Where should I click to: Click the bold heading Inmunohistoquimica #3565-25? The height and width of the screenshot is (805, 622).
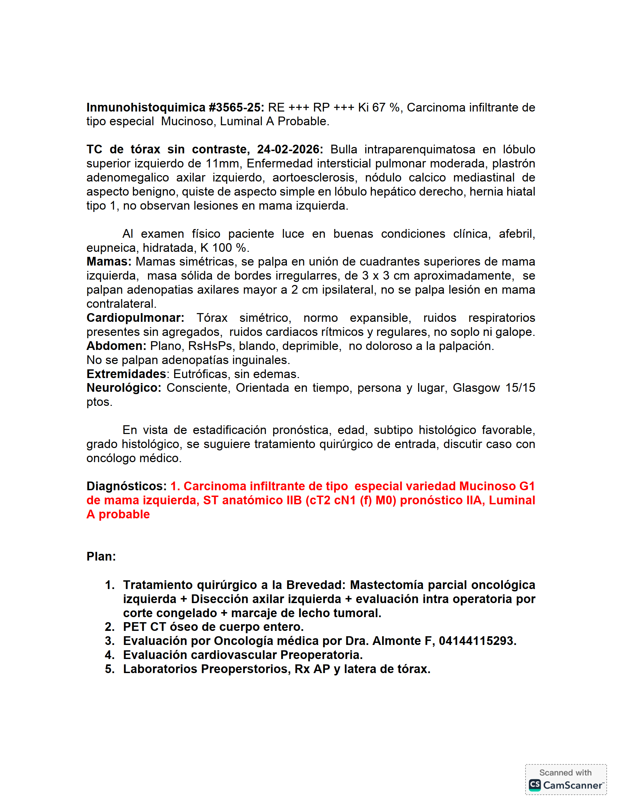click(x=175, y=107)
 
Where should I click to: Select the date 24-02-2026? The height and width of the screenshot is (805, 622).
click(x=290, y=150)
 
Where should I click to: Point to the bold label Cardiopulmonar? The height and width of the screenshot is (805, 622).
click(x=135, y=318)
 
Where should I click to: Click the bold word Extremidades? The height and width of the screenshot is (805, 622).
click(x=126, y=374)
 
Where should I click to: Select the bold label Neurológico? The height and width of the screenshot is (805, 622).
click(x=124, y=388)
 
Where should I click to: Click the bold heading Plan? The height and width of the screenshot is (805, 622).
click(x=101, y=557)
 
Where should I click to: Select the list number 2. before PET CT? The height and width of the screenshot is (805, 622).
click(x=109, y=627)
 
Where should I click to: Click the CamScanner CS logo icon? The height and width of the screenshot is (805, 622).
click(x=535, y=785)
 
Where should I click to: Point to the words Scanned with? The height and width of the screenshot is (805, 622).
click(x=565, y=773)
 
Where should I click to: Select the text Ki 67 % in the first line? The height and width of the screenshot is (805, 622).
click(x=380, y=107)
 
